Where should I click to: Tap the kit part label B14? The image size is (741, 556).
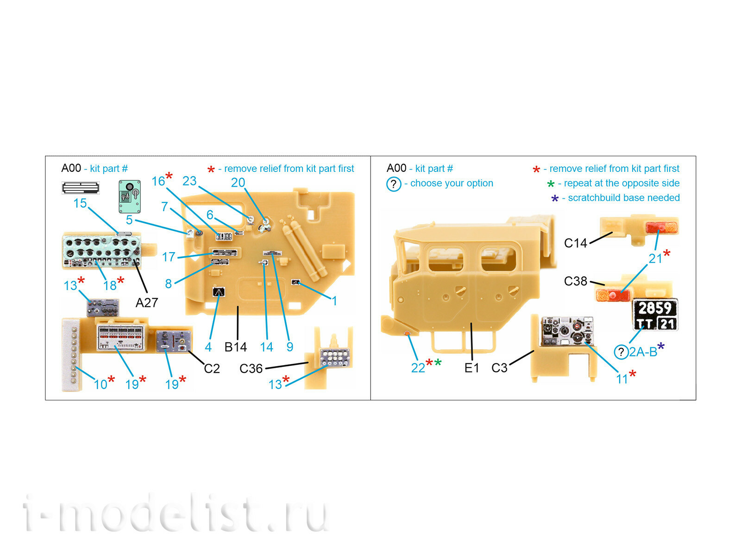point(235,347)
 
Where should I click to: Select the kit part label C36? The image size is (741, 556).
point(251,369)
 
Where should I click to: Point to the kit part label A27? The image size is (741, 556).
point(147,303)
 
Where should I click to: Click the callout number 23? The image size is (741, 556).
point(189,181)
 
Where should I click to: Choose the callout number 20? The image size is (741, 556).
point(238,183)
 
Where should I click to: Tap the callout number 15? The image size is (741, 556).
point(80,203)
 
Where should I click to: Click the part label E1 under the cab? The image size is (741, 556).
point(471,368)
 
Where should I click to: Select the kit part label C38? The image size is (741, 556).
point(575,281)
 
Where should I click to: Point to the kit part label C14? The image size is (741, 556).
point(575,243)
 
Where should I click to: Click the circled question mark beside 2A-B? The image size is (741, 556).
point(621,352)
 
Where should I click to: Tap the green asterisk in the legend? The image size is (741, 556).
point(551,184)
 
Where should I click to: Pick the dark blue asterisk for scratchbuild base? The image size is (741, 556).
point(555,199)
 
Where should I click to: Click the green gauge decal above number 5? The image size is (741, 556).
point(130,196)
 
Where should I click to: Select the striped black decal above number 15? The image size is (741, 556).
point(81,188)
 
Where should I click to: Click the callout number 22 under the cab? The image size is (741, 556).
point(418,368)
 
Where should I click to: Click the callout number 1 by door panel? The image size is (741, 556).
point(334,301)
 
